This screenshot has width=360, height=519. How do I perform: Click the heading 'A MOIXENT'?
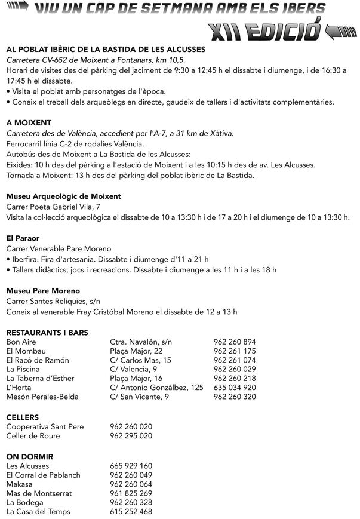[x=29, y=122]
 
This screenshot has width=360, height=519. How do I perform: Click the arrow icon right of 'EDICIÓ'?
[x=343, y=31]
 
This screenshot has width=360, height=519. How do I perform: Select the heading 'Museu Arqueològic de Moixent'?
[x=63, y=196]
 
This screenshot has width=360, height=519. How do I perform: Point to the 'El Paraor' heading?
[x=23, y=238]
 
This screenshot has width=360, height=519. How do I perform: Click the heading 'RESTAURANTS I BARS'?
[x=47, y=332]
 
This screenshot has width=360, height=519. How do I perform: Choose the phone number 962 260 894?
[x=235, y=342]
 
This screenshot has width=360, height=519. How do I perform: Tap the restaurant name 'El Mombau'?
[x=26, y=351]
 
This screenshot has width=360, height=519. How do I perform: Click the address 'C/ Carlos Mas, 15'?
[x=140, y=360]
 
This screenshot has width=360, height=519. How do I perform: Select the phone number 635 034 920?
[x=235, y=388]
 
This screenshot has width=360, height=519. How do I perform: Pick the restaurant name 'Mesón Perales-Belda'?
[x=42, y=397]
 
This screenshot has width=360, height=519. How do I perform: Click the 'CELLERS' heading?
[x=22, y=417]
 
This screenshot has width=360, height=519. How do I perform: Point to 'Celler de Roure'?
[x=33, y=436]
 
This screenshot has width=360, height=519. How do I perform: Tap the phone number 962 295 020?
[x=131, y=436]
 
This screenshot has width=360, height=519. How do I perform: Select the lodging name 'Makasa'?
[x=19, y=484]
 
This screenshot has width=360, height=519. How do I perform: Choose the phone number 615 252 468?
[x=131, y=512]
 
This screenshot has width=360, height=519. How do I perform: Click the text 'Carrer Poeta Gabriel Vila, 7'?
[x=53, y=206]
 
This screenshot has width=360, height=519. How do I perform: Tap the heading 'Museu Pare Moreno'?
[x=43, y=291]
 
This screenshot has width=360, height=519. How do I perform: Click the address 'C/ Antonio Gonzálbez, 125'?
[x=156, y=388]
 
